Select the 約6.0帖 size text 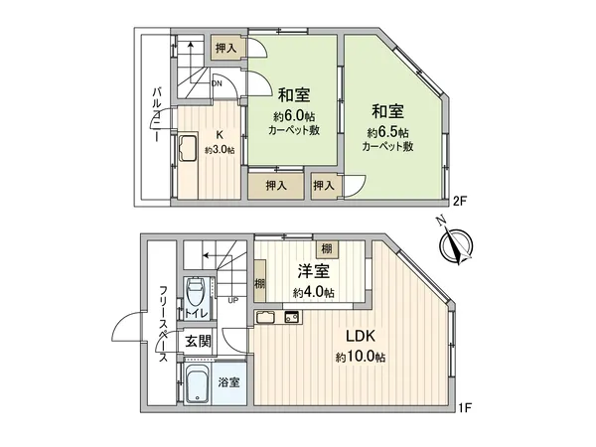point(292,115)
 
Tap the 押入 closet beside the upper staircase point(225,48)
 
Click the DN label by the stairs point(217,84)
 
